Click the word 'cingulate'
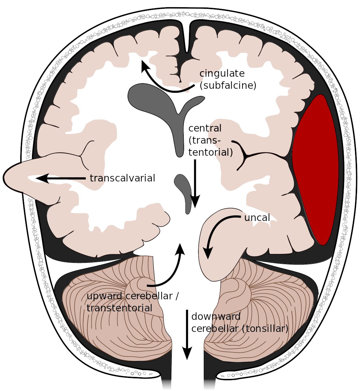222,74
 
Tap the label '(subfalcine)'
227,86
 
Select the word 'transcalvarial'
122,178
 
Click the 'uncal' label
257,218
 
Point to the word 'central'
205,128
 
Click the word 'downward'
216,317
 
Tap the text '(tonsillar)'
265,329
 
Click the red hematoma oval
315,170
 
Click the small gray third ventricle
184,193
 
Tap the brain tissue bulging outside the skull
20,178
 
